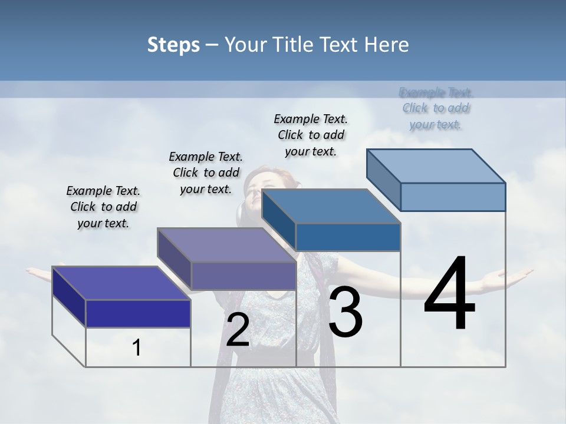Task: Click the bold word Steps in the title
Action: tap(173, 45)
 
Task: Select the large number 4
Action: tap(449, 294)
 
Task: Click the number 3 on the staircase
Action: tap(345, 312)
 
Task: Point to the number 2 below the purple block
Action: tap(238, 330)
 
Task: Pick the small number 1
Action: tap(137, 348)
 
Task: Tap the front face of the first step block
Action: tap(138, 313)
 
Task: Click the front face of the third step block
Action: tap(348, 237)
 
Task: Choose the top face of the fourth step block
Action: tap(436, 165)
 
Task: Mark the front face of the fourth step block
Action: tap(453, 197)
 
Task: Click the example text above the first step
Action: tap(103, 207)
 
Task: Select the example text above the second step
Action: tap(206, 173)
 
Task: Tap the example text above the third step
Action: tap(311, 135)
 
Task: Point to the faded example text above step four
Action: tap(436, 108)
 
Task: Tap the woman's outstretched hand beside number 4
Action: tap(513, 274)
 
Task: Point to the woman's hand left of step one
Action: tap(37, 272)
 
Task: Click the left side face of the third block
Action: tap(278, 218)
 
